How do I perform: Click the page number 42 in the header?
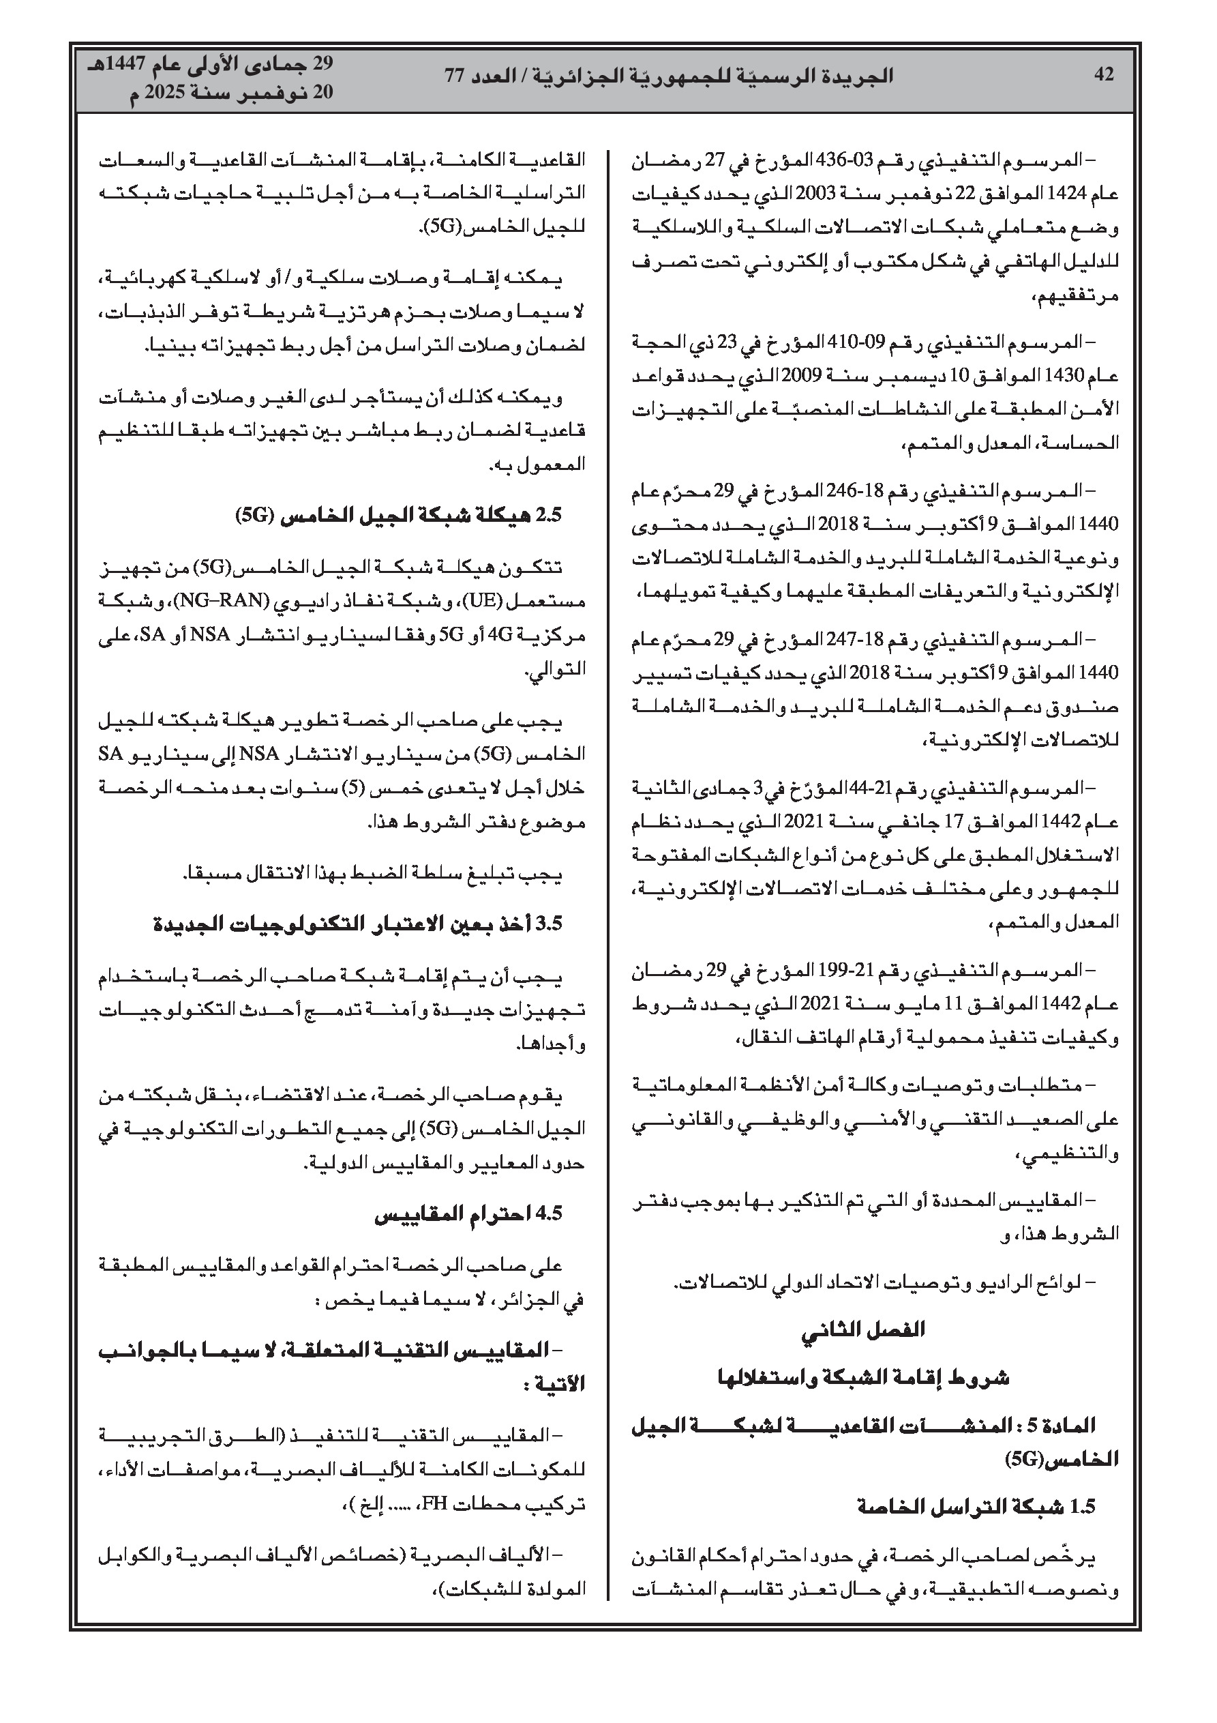(1104, 75)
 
